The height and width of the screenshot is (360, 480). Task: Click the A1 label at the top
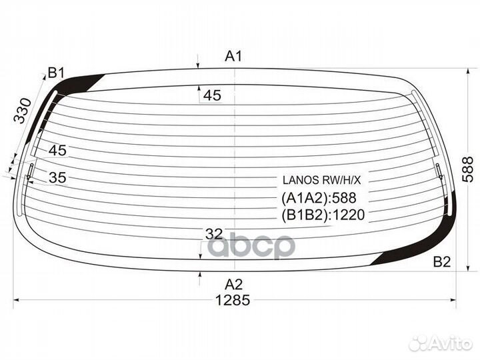tap(233, 56)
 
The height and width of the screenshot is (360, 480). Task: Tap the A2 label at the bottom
tap(233, 285)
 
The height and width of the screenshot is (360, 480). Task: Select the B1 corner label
tap(56, 73)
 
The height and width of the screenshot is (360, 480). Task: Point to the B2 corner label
tap(442, 262)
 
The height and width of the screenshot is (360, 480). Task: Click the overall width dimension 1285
tap(233, 300)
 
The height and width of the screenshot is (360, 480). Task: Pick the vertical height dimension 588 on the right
tap(468, 169)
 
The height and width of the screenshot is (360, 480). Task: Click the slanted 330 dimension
tap(23, 111)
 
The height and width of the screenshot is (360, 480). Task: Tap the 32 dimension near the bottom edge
tap(214, 234)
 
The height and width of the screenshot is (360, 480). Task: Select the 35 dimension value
tap(57, 177)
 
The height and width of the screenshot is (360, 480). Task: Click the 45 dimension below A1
tap(212, 95)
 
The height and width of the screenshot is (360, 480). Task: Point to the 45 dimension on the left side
tap(57, 150)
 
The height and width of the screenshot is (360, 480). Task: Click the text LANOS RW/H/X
tap(322, 180)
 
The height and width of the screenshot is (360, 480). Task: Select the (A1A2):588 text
tap(319, 198)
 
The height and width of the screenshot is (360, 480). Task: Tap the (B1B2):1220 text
tap(323, 215)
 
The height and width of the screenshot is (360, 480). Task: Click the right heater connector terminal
tap(439, 171)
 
